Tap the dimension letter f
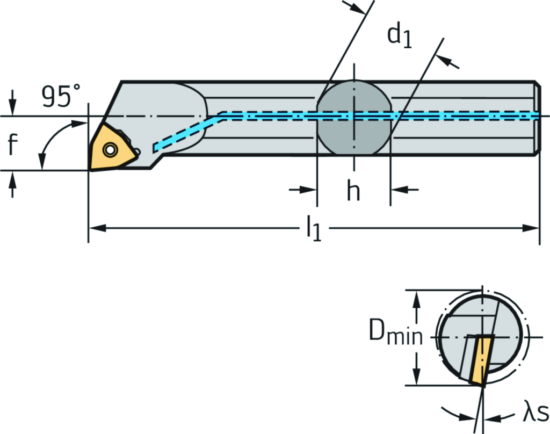click(x=13, y=144)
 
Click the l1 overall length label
click(x=314, y=229)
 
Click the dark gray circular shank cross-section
click(x=353, y=117)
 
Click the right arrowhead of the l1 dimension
click(x=532, y=229)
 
